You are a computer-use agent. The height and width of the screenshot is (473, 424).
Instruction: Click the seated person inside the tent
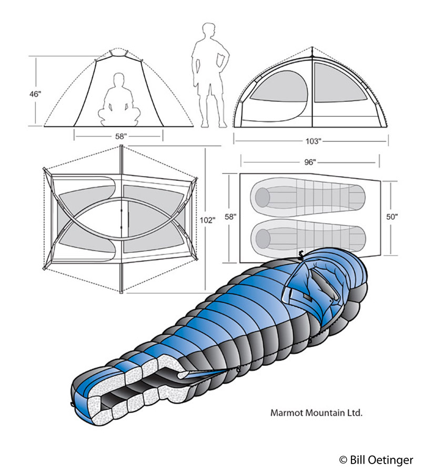[119, 100]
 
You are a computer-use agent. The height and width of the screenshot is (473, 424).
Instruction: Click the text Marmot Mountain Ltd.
[317, 413]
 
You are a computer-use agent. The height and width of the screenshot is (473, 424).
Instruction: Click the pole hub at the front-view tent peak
[119, 52]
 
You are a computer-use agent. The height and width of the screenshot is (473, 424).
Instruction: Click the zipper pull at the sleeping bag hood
[301, 255]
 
